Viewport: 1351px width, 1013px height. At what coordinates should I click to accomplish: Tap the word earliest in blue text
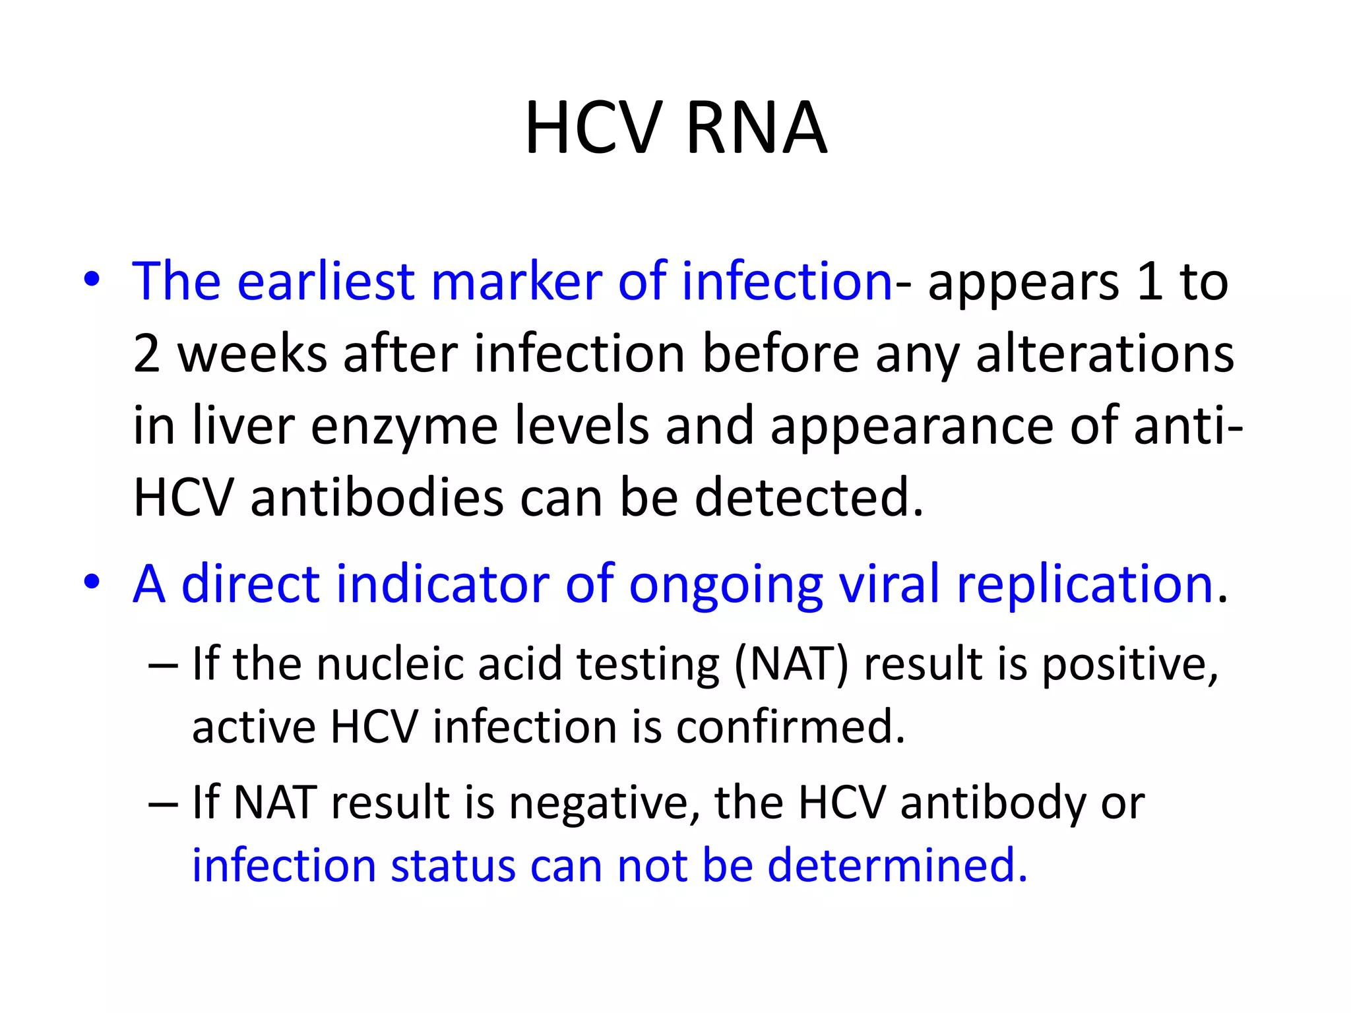click(x=325, y=282)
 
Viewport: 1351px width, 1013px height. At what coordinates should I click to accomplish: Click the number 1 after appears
click(x=1149, y=282)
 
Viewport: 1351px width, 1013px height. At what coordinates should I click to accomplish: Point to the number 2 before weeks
click(x=146, y=354)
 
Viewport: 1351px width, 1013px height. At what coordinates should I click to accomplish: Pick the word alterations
click(x=1104, y=354)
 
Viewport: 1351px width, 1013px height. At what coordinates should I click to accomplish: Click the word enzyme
click(x=404, y=426)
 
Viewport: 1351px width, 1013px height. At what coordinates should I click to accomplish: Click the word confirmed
click(x=790, y=727)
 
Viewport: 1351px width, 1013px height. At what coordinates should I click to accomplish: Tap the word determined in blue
click(x=897, y=865)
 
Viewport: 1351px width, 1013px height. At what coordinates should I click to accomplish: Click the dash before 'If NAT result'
click(x=163, y=804)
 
